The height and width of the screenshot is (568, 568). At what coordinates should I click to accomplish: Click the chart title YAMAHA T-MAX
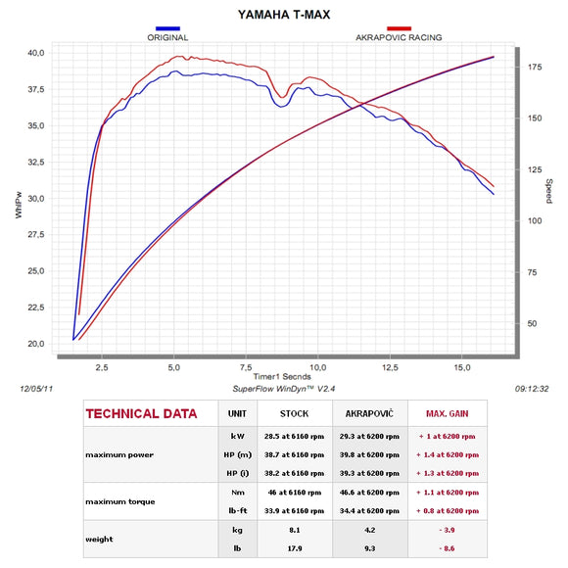click(284, 17)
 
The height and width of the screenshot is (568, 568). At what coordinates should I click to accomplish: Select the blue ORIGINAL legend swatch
click(167, 29)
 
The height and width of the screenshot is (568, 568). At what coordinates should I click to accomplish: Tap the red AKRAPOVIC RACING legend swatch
click(398, 29)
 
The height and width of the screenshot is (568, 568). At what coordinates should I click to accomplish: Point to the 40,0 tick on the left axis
click(34, 53)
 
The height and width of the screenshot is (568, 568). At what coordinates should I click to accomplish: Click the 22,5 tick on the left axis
click(34, 308)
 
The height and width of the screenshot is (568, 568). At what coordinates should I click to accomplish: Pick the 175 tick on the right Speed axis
click(535, 67)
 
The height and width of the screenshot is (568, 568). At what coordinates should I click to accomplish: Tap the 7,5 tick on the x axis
click(247, 367)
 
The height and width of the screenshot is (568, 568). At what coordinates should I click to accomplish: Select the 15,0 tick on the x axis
click(462, 367)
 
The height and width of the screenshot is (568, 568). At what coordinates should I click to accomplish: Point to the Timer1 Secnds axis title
click(284, 376)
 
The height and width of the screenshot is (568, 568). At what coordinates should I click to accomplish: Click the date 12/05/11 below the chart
click(37, 388)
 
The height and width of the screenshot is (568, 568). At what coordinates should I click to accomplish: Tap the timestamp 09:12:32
click(533, 388)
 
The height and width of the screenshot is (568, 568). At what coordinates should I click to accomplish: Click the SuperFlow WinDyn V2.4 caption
click(284, 388)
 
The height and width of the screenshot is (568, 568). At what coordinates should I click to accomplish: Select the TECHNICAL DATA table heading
click(142, 413)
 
